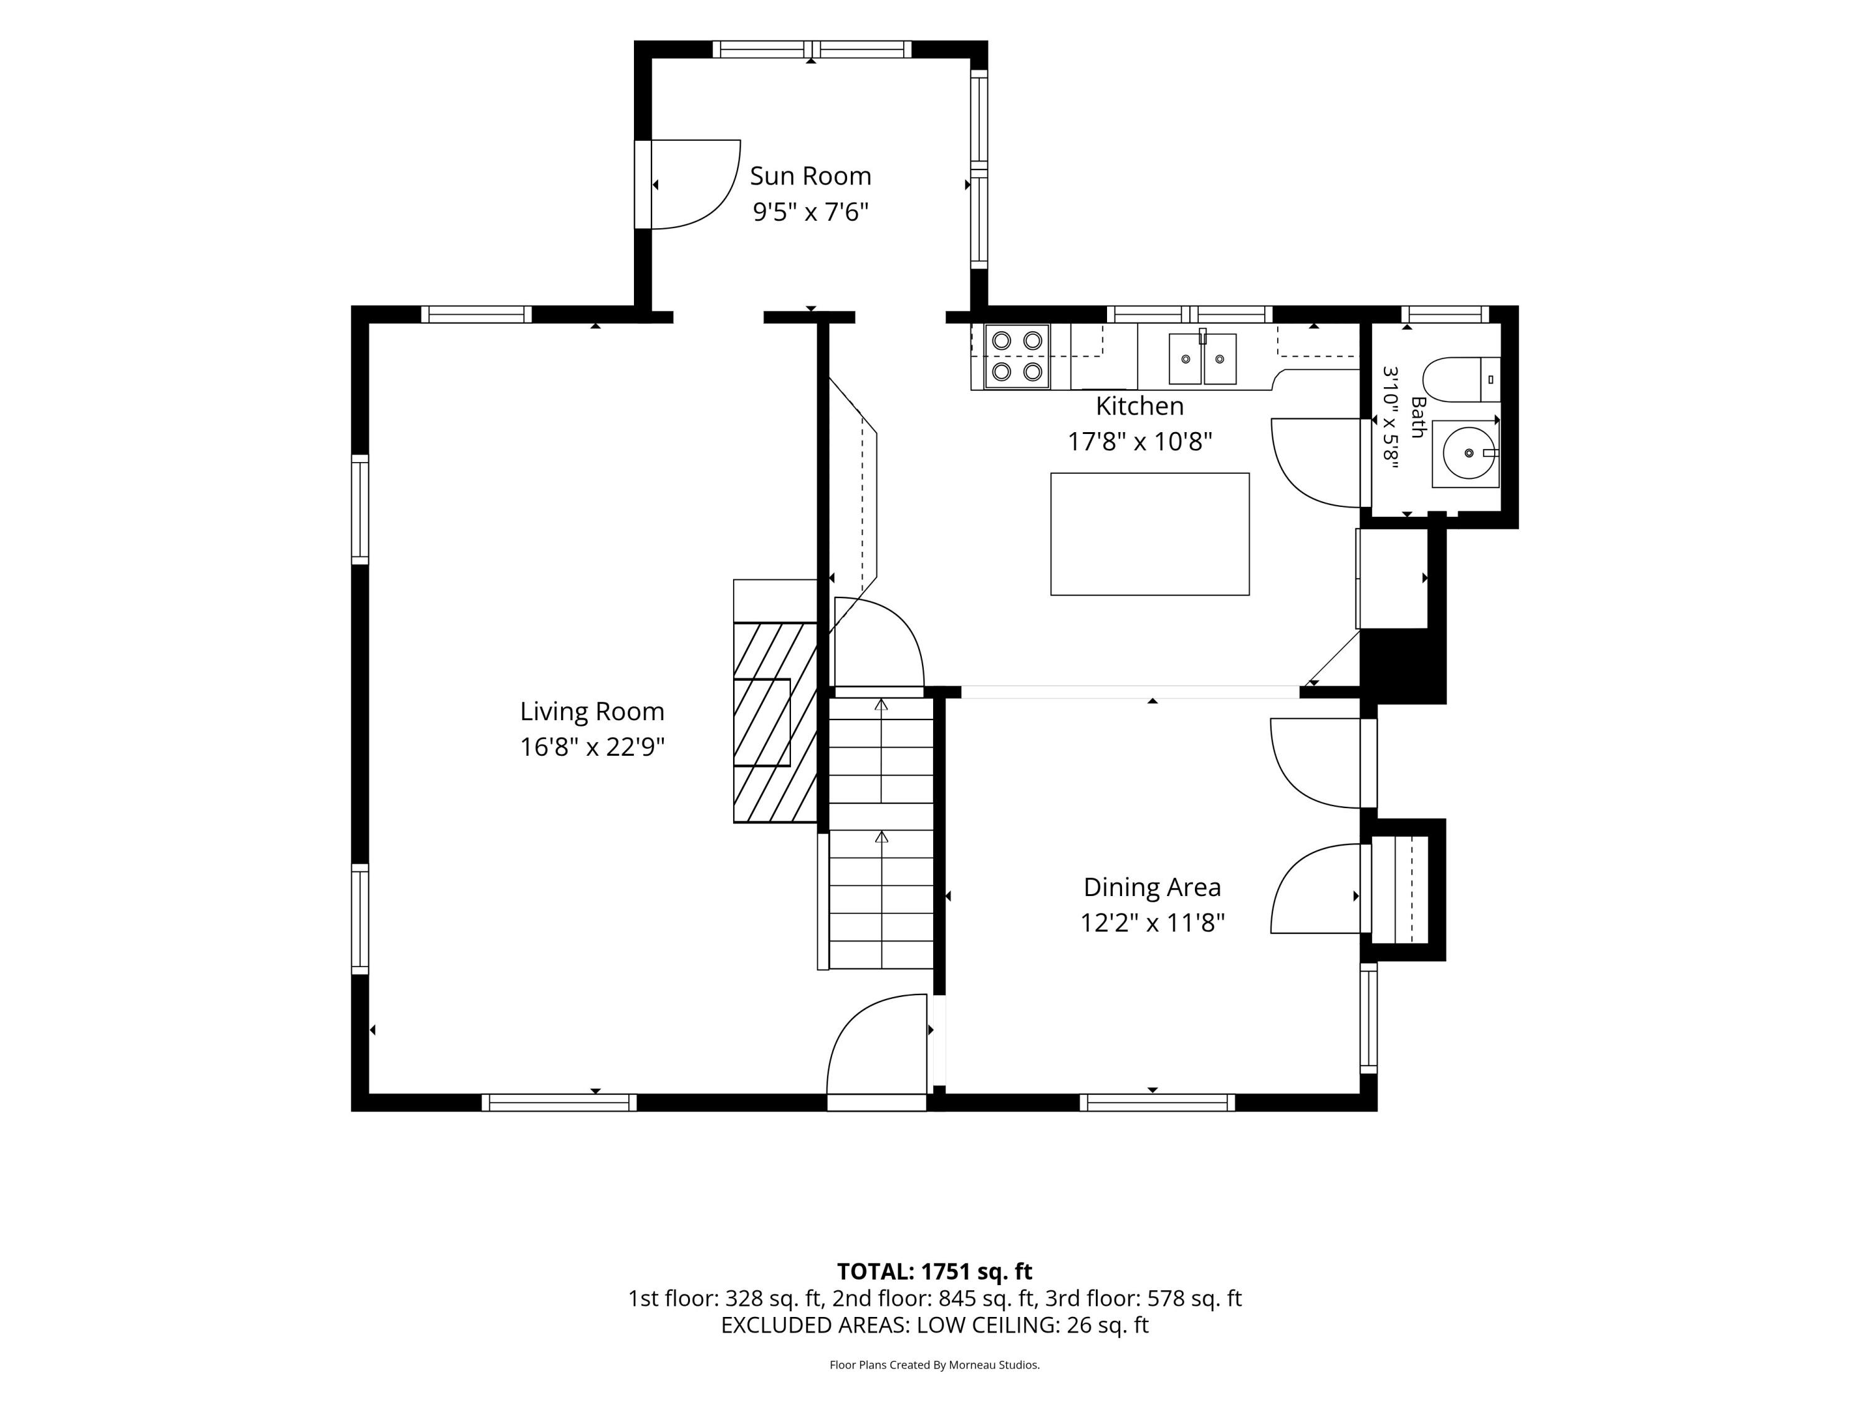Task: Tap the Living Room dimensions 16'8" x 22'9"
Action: pos(592,747)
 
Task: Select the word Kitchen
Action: pos(1139,406)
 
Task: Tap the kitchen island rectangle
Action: pos(1149,534)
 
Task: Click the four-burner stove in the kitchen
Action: pos(1016,356)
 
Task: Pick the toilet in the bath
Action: pos(1461,380)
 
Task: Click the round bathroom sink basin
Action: pos(1469,453)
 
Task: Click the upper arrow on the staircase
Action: pos(881,750)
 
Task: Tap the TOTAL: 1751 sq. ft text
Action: pos(934,1271)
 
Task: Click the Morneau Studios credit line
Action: pos(934,1365)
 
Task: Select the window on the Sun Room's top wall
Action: pos(812,49)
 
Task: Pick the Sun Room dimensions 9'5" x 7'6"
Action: pos(811,211)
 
